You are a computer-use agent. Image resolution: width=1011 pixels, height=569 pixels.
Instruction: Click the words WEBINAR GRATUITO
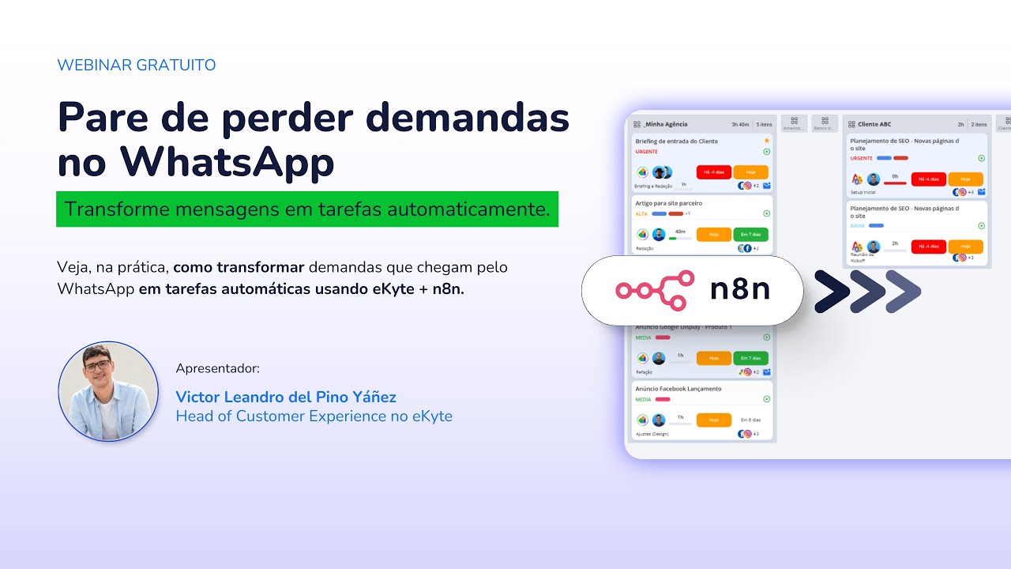pos(136,66)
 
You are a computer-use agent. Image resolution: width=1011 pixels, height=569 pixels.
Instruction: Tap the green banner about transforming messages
pos(307,209)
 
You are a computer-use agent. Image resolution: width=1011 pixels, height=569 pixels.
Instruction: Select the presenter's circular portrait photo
pos(109,391)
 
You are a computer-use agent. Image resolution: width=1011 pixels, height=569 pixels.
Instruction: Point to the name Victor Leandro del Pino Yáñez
pos(286,397)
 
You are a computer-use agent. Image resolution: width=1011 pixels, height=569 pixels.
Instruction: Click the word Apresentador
pos(217,368)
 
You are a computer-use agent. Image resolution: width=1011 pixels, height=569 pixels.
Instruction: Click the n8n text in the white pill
pos(740,290)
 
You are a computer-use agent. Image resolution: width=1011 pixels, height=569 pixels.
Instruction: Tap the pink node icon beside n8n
pos(655,290)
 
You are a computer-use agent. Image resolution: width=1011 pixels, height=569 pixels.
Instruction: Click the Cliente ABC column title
pos(874,124)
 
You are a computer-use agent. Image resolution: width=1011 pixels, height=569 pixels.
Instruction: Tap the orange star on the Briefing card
pos(766,141)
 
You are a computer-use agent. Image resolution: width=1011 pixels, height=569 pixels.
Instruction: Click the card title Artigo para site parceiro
pos(668,203)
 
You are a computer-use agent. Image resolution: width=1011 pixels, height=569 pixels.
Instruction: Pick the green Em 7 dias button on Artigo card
pos(750,235)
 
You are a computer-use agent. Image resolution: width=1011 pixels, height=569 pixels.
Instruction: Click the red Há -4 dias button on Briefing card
pos(714,172)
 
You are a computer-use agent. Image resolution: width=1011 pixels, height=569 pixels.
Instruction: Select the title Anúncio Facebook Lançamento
pos(678,389)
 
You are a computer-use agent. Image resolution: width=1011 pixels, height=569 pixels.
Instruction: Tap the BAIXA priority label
pos(857,225)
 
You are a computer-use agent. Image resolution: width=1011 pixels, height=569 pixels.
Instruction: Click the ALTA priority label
pos(641,213)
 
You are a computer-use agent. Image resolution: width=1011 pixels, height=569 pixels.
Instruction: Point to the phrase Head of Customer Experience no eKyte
pos(314,416)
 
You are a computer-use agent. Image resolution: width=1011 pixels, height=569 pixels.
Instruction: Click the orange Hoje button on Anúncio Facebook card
pos(714,420)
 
